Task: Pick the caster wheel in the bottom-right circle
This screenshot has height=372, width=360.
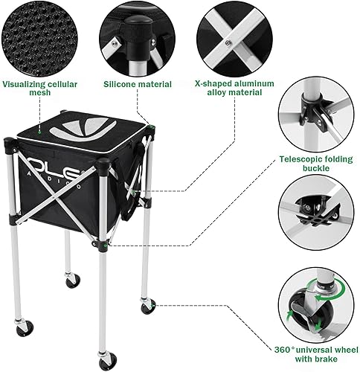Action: pos(315,306)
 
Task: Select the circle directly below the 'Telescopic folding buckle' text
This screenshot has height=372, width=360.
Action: pos(317,216)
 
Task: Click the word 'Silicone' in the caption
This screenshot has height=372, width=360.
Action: pos(123,84)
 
